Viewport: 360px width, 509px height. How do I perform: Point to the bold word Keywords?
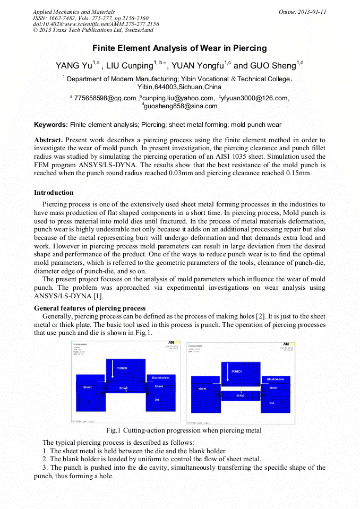click(51, 125)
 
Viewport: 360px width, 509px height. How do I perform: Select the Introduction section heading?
click(54, 192)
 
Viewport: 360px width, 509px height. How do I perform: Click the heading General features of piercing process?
click(90, 308)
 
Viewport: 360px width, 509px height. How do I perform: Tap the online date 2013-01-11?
click(313, 12)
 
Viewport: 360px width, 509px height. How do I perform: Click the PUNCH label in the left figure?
click(122, 368)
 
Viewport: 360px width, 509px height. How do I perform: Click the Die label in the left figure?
click(157, 399)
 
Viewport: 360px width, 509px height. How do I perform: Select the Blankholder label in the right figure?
click(276, 379)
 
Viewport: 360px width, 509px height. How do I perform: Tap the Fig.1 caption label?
click(114, 430)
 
